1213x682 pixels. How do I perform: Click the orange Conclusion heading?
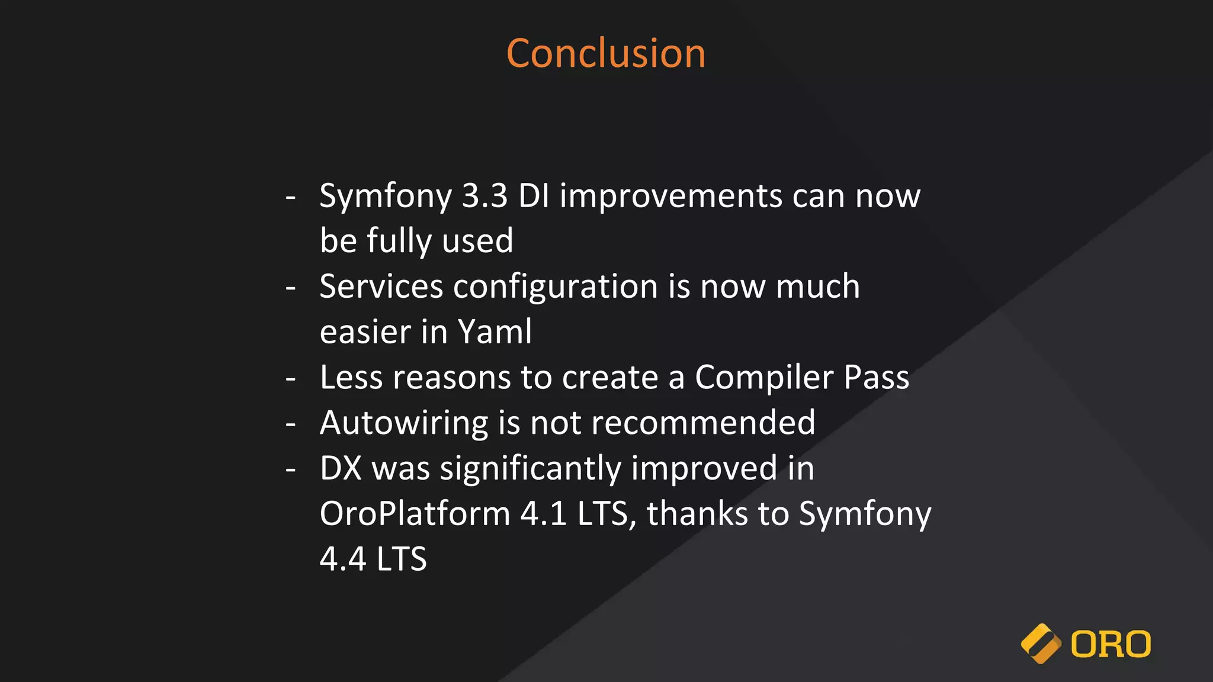click(606, 53)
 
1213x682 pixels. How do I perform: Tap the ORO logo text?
click(1111, 644)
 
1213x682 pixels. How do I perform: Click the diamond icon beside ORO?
click(1041, 644)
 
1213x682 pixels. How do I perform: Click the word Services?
click(381, 287)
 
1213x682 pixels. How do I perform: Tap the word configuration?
click(556, 288)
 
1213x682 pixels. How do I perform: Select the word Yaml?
click(495, 332)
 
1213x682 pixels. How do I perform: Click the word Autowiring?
click(404, 423)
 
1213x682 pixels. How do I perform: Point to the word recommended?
click(703, 423)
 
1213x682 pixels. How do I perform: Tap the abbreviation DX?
click(341, 468)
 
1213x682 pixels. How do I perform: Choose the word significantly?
click(530, 469)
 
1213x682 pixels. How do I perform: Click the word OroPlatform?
click(415, 513)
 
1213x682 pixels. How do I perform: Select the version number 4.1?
click(543, 513)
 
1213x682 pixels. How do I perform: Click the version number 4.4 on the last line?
click(343, 559)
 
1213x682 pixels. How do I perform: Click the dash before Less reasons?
click(290, 378)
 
